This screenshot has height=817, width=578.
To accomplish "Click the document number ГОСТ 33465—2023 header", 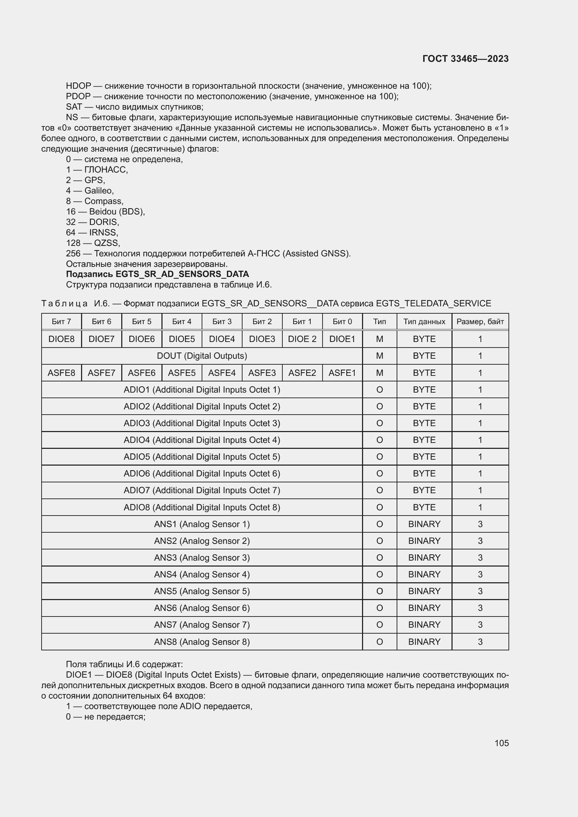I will click(x=465, y=59).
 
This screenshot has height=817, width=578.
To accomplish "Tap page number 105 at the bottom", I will click(x=501, y=743).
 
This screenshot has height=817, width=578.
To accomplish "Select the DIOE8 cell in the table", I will click(x=61, y=339).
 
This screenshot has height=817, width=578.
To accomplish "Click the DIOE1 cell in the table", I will click(x=342, y=339).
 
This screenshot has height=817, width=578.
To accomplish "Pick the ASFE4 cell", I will click(x=222, y=373).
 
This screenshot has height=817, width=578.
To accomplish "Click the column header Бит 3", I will click(x=222, y=322).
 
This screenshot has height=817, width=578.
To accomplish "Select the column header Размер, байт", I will click(x=480, y=322).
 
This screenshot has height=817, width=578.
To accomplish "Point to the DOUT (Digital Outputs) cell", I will click(x=202, y=356).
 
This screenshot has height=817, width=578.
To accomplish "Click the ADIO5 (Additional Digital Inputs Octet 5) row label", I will click(x=202, y=457).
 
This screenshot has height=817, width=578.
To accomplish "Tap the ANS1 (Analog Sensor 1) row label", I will click(x=202, y=524).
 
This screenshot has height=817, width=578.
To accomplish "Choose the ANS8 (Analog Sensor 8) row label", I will click(x=202, y=642).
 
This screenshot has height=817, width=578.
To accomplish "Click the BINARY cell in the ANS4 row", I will click(x=424, y=574).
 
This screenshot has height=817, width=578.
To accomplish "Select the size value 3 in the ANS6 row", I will click(x=480, y=608).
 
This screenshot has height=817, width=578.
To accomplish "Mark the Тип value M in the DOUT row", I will click(x=380, y=356).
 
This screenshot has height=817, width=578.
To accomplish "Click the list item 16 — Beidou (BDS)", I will click(x=105, y=211).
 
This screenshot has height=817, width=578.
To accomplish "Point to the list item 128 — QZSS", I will click(x=93, y=243).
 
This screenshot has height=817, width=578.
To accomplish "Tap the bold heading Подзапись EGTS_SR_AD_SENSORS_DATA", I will click(x=157, y=274).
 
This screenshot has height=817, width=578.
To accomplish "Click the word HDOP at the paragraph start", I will click(x=78, y=86).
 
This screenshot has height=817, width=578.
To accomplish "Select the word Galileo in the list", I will click(x=99, y=190).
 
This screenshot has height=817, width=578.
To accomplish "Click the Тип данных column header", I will click(x=424, y=322).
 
